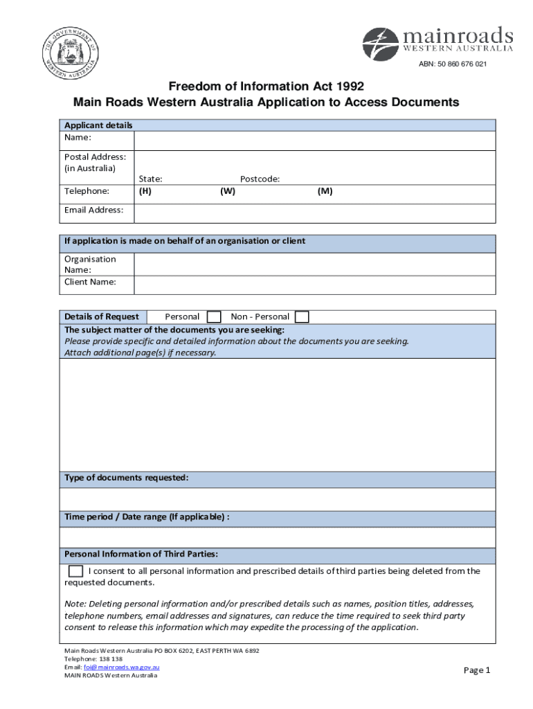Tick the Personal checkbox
[215, 317]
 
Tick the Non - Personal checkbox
[302, 317]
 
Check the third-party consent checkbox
[75, 572]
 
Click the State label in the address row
[150, 179]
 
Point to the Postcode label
[260, 179]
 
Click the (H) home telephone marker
[145, 192]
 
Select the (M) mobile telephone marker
[325, 192]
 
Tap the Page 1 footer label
[476, 670]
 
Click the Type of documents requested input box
[277, 499]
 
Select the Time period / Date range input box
[277, 537]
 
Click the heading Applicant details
[98, 125]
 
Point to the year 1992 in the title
[348, 87]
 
